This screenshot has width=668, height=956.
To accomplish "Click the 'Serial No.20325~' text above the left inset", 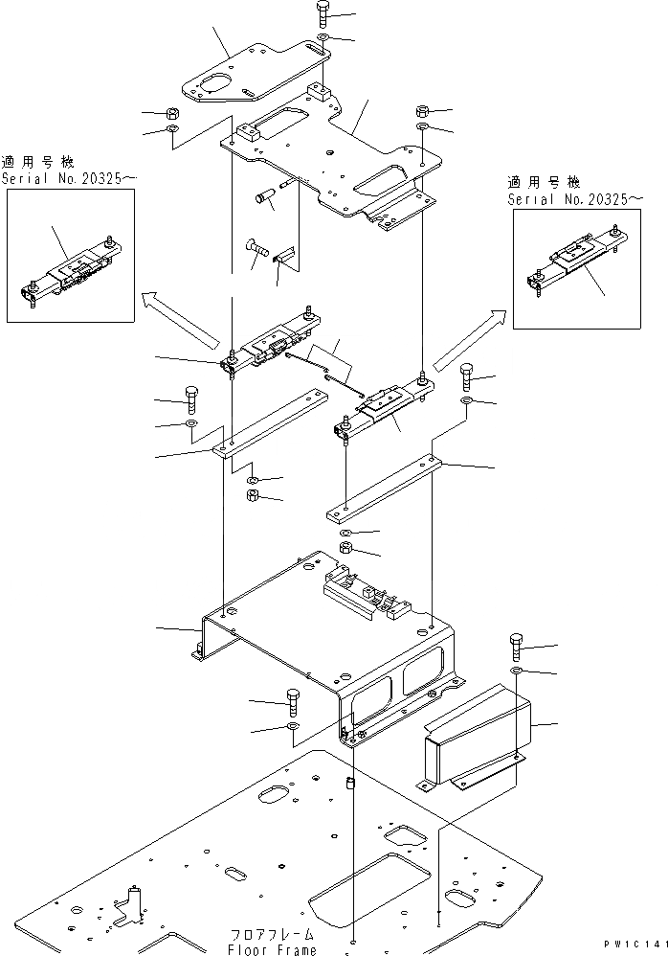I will click(x=63, y=178).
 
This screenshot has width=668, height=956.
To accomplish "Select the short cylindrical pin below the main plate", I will click(x=264, y=199).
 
